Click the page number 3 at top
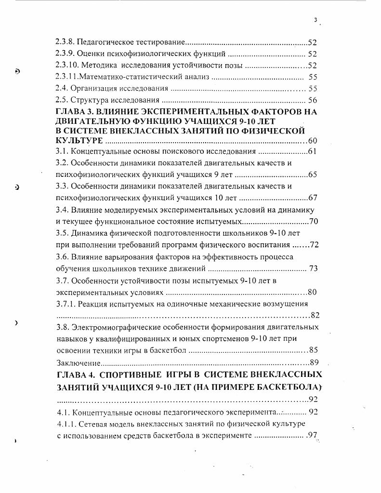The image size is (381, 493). tap(315, 20)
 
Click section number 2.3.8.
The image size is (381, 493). tap(65, 42)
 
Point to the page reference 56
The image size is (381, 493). tap(312, 100)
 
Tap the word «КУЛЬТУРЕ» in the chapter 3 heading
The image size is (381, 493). tap(79, 141)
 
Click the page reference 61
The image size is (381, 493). tap(312, 152)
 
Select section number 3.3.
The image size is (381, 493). tap(62, 186)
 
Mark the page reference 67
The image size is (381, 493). tap(312, 198)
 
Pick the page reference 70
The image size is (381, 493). tap(314, 222)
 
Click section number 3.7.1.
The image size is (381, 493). tap(66, 304)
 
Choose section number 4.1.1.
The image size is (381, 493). tap(66, 424)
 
